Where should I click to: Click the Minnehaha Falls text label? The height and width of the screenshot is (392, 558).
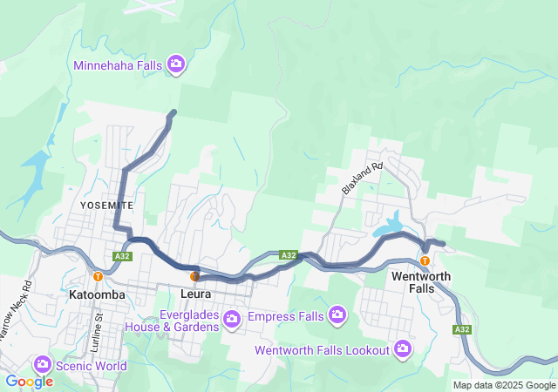coord(118,64)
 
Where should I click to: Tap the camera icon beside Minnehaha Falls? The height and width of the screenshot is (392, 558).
coord(176,64)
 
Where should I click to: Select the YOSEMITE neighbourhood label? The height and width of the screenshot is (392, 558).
coord(106,205)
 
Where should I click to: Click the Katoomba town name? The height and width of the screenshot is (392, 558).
coord(97,295)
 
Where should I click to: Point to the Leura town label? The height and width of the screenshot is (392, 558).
coord(194,295)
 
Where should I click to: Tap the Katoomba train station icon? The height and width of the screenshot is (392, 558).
coord(99,276)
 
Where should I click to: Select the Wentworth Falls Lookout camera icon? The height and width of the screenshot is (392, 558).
coord(402,349)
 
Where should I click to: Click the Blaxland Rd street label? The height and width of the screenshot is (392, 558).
coord(363,178)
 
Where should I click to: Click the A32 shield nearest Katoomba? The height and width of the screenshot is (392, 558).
coord(122,256)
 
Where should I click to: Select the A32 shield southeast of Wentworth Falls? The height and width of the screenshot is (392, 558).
coord(462,329)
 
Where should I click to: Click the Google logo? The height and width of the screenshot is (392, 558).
coord(30,381)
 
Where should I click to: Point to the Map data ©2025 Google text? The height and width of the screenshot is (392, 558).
coord(503,385)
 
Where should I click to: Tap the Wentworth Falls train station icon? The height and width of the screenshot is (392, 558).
coord(425,260)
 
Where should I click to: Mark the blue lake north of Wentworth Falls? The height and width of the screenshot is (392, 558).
coord(389,226)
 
